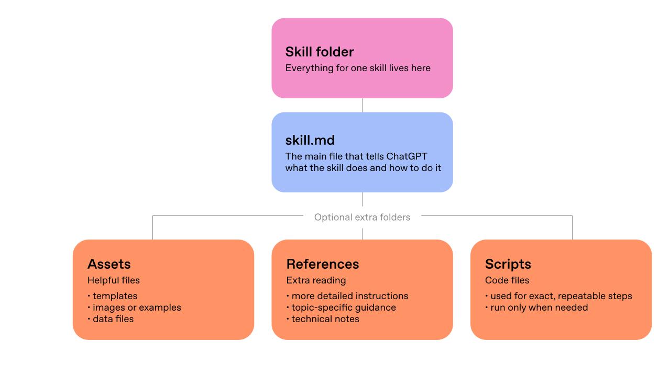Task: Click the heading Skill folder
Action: coord(319,52)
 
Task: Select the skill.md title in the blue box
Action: coord(310,140)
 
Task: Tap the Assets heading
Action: coord(109,264)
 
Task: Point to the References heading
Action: coord(323,264)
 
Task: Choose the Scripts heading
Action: coord(508,264)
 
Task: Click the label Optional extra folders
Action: coord(362,217)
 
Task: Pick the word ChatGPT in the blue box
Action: coord(407,156)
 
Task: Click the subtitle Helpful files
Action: coord(113,280)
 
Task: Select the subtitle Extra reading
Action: coord(316,280)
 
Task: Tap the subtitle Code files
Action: coord(507,280)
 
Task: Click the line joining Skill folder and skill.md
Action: coord(362,105)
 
